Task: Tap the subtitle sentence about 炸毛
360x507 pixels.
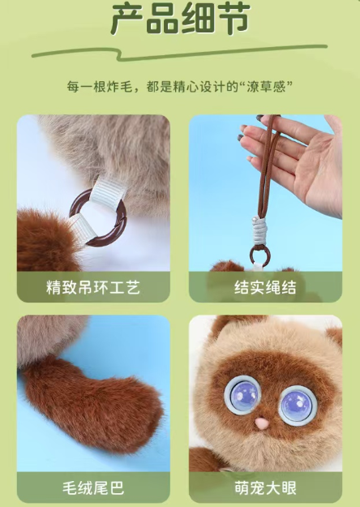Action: point(180,87)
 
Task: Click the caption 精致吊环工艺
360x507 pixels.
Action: point(93,287)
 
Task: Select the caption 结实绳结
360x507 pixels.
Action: point(265,287)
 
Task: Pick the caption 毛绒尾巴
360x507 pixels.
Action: point(93,488)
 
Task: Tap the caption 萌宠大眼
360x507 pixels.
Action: point(265,488)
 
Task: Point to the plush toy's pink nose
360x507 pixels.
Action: point(261,423)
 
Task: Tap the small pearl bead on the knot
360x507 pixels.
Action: point(254,220)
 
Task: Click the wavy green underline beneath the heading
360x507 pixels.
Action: point(179,54)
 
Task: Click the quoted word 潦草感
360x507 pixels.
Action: point(266,87)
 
